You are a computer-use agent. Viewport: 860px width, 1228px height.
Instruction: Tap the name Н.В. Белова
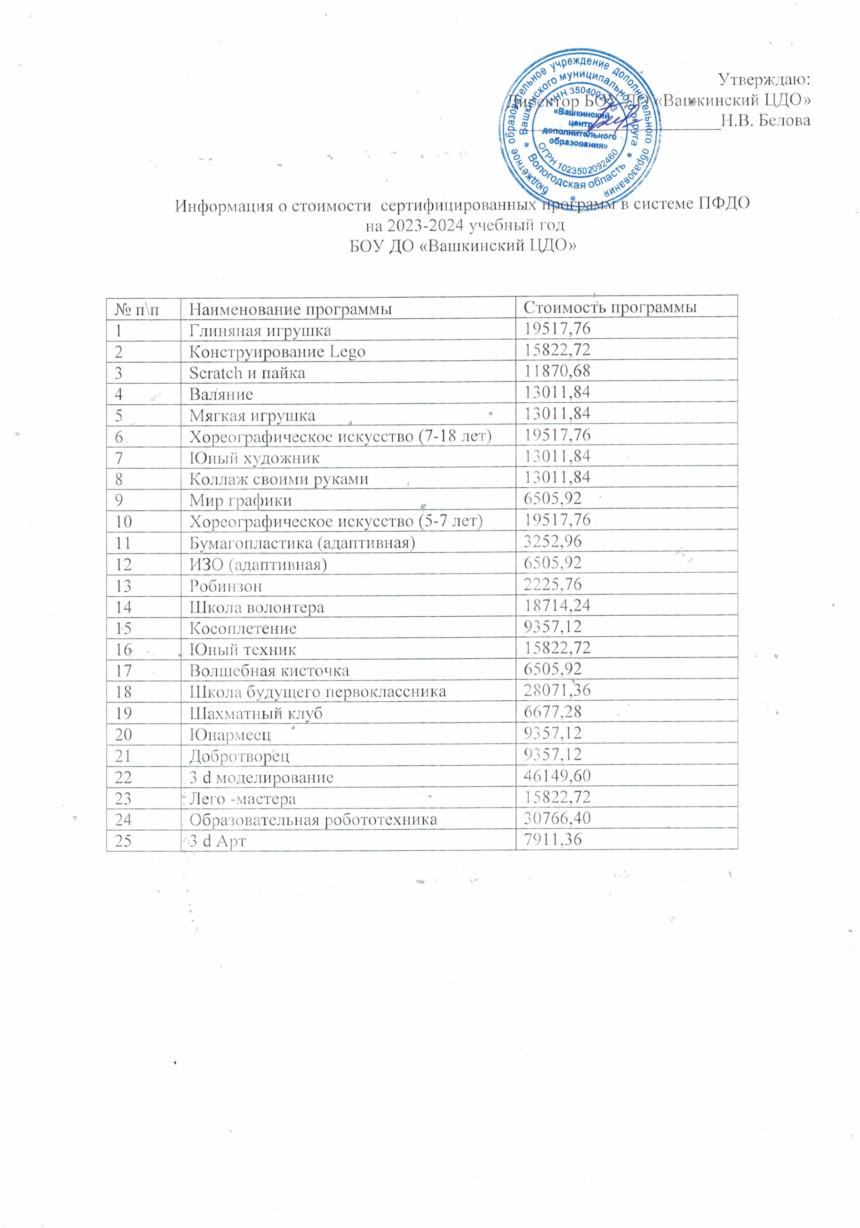pos(765,120)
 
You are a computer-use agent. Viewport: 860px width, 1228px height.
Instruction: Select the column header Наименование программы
pos(291,309)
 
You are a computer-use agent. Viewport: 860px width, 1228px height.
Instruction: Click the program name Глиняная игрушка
pos(260,330)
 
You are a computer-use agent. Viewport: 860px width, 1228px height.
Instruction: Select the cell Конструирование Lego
pos(277,352)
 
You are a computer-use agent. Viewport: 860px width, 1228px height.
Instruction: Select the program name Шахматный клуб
pos(256,713)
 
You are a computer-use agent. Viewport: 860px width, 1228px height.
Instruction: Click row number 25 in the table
pos(124,841)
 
